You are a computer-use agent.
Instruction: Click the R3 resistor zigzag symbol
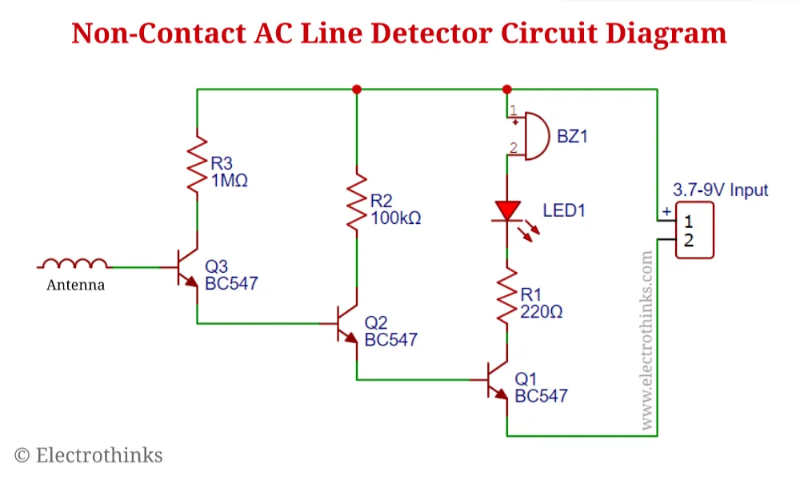(x=197, y=164)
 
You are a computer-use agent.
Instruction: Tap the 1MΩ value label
(x=230, y=181)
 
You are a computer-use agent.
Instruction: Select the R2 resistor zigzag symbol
(x=357, y=202)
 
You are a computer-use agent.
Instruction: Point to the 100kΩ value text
(x=396, y=218)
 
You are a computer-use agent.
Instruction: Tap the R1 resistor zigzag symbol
(x=506, y=295)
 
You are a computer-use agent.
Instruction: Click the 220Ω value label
(x=542, y=312)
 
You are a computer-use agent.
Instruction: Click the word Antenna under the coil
(x=75, y=285)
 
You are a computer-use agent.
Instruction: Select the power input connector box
(x=694, y=230)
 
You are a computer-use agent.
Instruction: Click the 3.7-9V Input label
(x=721, y=190)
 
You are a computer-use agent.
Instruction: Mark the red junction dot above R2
(x=357, y=90)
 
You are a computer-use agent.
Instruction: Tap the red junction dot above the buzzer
(x=506, y=90)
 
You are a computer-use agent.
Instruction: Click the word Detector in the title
(x=432, y=33)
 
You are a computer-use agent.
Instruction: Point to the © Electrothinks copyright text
(x=88, y=455)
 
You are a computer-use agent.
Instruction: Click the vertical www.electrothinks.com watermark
(x=646, y=340)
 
